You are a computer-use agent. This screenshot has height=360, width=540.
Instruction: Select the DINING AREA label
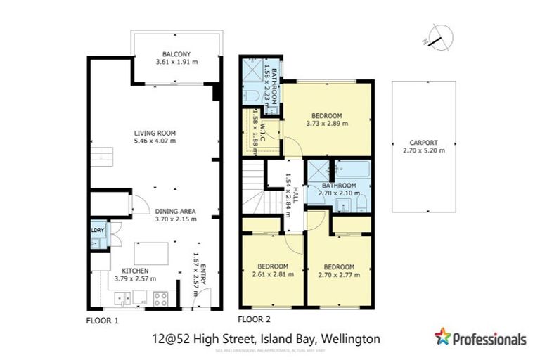[x=175, y=211]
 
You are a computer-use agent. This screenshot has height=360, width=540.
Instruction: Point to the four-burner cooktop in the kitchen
[x=160, y=297]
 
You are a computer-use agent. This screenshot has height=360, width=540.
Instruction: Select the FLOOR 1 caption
[x=103, y=320]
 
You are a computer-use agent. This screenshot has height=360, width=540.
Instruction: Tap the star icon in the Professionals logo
[x=442, y=336]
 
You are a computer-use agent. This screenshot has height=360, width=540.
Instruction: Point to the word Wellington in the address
[x=349, y=339]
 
